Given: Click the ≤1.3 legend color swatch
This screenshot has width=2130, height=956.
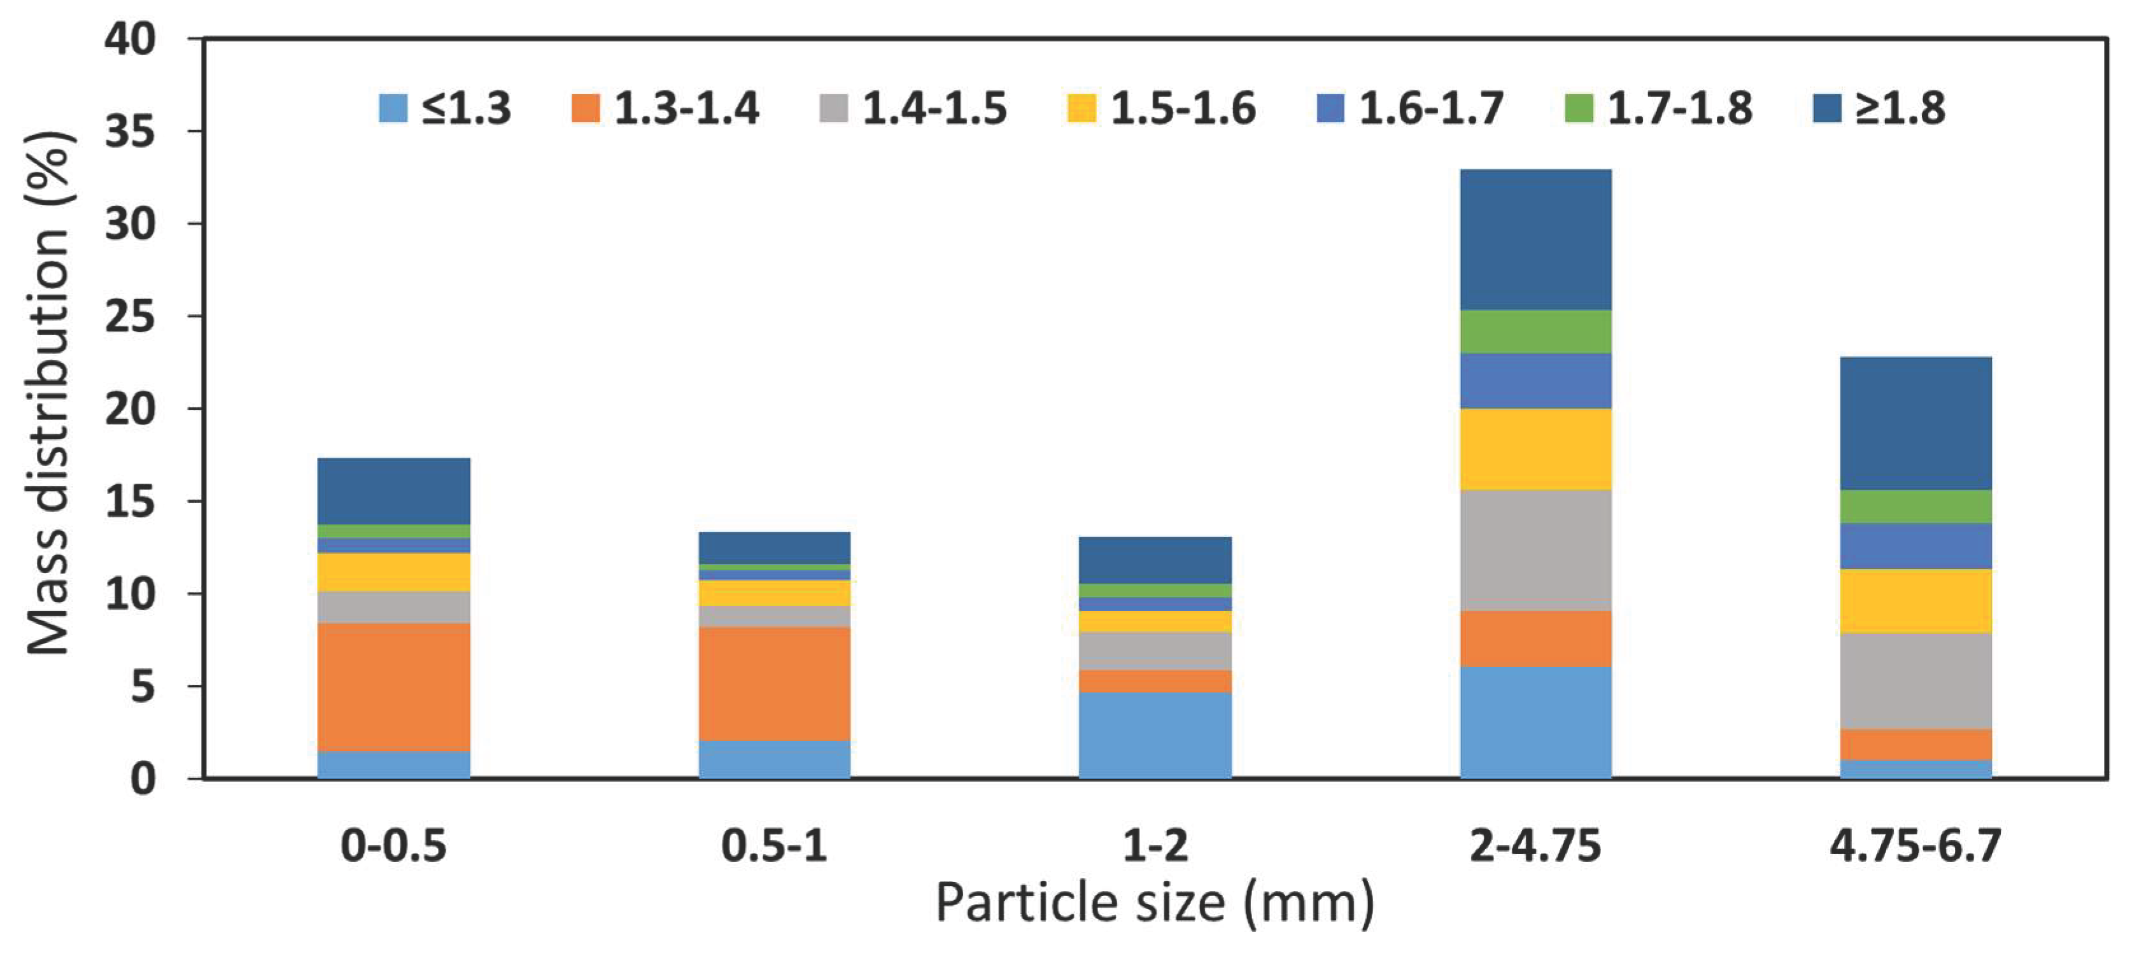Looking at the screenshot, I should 393,108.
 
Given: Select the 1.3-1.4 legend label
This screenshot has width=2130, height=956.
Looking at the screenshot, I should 686,108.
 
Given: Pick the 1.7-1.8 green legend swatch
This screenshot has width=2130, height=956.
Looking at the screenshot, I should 1579,108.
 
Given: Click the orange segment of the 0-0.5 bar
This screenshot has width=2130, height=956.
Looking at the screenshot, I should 393,686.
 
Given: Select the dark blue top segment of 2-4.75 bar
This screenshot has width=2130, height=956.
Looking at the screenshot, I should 1535,240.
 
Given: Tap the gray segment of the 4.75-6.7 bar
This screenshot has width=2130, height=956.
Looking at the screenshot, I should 1916,680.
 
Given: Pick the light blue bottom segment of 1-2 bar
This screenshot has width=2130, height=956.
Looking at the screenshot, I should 1155,735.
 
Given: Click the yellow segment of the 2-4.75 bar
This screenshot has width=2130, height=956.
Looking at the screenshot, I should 1535,449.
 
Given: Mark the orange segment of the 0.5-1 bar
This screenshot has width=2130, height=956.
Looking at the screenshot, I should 774,683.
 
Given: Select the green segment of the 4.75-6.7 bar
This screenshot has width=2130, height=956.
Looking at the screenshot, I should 1916,506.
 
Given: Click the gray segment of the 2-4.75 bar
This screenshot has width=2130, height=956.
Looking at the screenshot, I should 1535,550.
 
